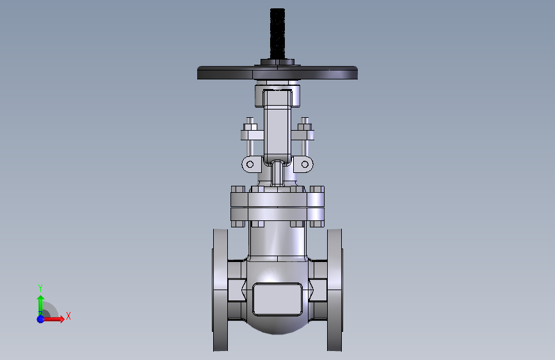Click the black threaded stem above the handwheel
point(277,33)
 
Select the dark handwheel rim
point(277,72)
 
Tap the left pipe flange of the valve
point(220,290)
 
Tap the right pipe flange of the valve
point(335,290)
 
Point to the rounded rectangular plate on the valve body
point(278,299)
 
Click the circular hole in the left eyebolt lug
point(250,164)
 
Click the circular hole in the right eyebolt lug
point(305,164)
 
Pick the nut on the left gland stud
point(250,127)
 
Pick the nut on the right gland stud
point(305,127)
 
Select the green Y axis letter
point(40,288)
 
